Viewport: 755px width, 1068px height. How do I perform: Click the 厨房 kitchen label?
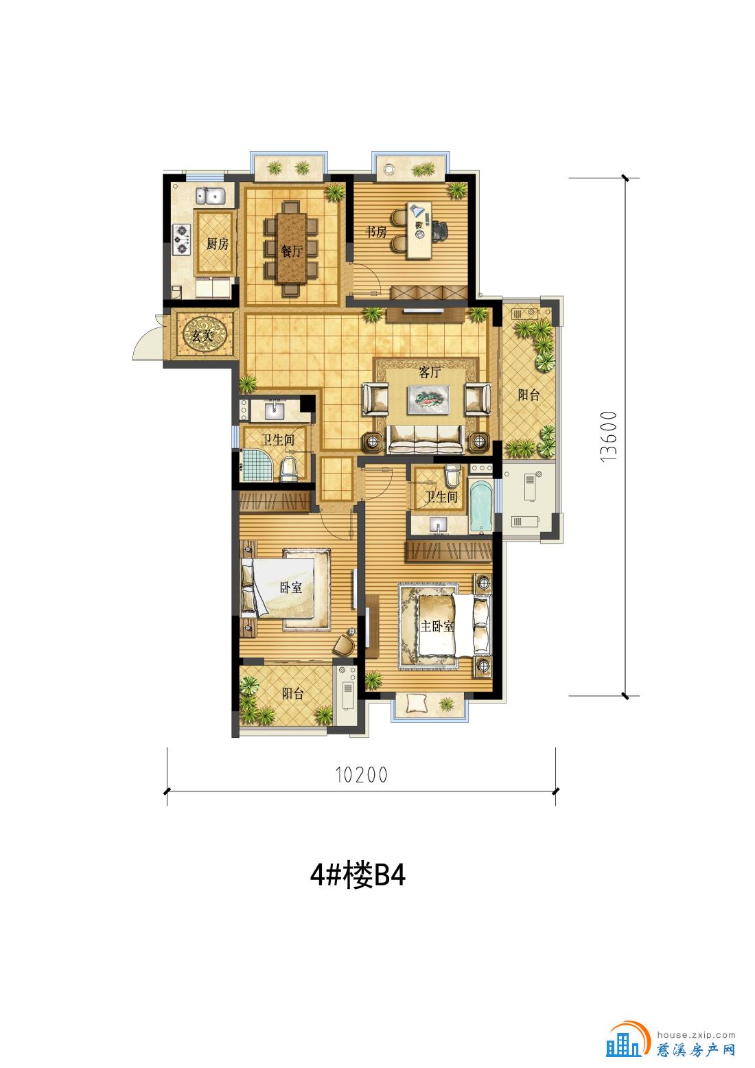click(218, 244)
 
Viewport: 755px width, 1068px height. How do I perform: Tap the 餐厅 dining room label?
click(292, 251)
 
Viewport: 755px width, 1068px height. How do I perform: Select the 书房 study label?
click(376, 232)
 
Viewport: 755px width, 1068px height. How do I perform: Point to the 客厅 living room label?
click(430, 373)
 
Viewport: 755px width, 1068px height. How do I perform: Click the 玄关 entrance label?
click(202, 335)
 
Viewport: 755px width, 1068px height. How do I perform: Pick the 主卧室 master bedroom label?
click(437, 625)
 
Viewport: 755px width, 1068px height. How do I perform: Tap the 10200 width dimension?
click(361, 775)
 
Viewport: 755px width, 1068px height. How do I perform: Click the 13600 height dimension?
click(609, 437)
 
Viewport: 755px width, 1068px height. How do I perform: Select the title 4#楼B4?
click(358, 875)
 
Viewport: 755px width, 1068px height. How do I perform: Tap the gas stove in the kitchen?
click(182, 240)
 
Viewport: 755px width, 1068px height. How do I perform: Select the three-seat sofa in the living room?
click(426, 439)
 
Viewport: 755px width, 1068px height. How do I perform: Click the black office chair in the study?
click(441, 231)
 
